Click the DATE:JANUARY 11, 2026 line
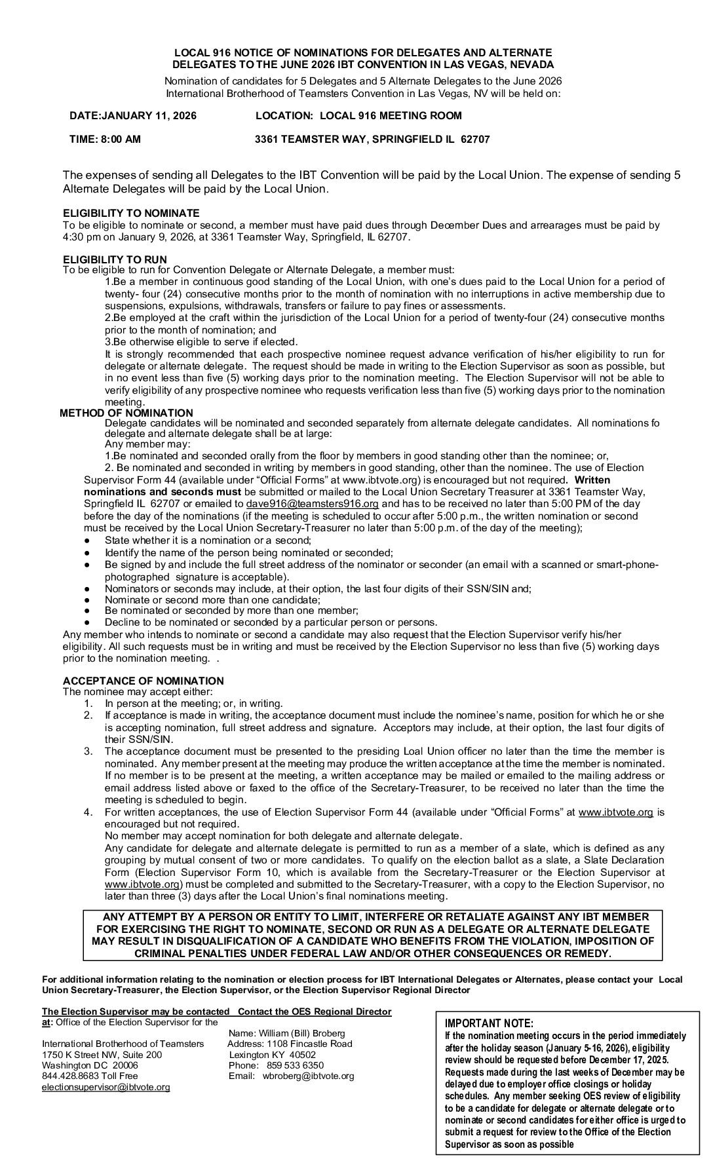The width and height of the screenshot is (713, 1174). pos(132,116)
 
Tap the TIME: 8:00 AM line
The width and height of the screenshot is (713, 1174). pos(105,139)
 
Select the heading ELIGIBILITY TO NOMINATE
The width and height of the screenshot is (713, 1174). pos(131,214)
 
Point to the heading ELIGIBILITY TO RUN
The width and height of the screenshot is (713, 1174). pos(115,259)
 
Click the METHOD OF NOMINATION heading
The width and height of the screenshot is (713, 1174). pos(126,413)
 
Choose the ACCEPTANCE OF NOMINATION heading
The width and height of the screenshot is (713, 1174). pos(143,681)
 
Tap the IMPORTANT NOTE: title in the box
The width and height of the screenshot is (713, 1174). pos(489,1023)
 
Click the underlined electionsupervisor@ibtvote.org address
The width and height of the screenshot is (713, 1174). pos(106,1087)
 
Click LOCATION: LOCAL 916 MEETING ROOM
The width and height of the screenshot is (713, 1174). pos(358,116)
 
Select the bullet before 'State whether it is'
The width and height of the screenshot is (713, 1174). pos(88,540)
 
